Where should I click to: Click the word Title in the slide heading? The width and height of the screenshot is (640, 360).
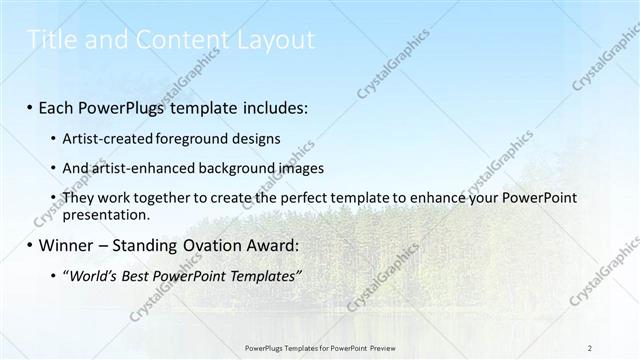(49, 40)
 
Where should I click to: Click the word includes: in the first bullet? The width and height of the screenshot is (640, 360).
(270, 106)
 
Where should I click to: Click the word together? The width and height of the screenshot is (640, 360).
(167, 198)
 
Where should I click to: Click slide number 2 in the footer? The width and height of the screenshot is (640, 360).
(591, 347)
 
